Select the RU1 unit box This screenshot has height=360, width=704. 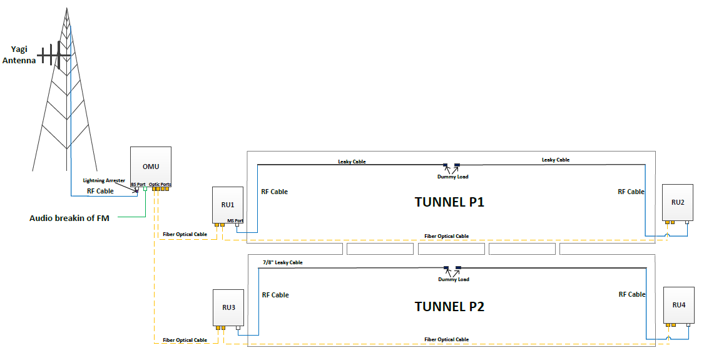[228, 205]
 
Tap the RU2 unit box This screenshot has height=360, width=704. [678, 202]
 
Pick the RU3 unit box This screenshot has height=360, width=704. [228, 307]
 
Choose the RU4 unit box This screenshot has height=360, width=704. [679, 305]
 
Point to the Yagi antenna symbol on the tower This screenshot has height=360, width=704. [55, 55]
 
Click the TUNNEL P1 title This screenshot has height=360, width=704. [449, 202]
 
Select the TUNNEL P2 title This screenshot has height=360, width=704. [449, 307]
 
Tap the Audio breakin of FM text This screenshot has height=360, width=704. [69, 219]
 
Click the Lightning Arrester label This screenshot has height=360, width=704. [104, 180]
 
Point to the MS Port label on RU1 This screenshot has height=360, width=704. [235, 220]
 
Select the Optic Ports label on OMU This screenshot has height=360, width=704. [160, 185]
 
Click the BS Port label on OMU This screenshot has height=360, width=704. [138, 185]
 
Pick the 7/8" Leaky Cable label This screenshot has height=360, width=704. [283, 262]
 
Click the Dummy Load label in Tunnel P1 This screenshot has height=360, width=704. [453, 177]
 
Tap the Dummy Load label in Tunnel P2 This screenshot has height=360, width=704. [453, 279]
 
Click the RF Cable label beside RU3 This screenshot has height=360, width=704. [275, 295]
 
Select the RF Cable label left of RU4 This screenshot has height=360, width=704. [631, 294]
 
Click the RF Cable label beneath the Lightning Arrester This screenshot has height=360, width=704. [100, 191]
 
